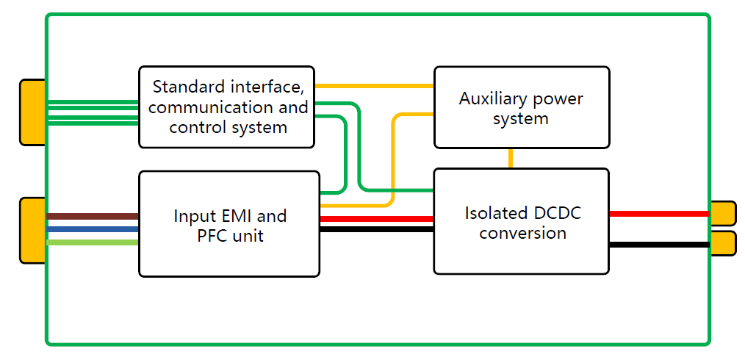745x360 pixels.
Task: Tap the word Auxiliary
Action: [486, 98]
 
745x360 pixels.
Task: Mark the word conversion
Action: [522, 233]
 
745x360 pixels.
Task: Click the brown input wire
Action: [93, 216]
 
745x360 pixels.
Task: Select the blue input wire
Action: [93, 229]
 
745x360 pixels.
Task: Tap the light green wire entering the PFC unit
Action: [93, 242]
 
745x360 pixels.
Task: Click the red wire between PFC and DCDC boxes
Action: [376, 218]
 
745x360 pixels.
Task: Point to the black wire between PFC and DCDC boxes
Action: [376, 230]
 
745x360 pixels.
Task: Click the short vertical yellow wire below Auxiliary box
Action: [510, 158]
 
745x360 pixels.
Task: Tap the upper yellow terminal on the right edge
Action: [722, 213]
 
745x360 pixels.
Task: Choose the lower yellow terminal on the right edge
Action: [722, 243]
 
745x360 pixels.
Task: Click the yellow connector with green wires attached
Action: [32, 112]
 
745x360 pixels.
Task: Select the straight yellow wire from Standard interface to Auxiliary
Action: [374, 86]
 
